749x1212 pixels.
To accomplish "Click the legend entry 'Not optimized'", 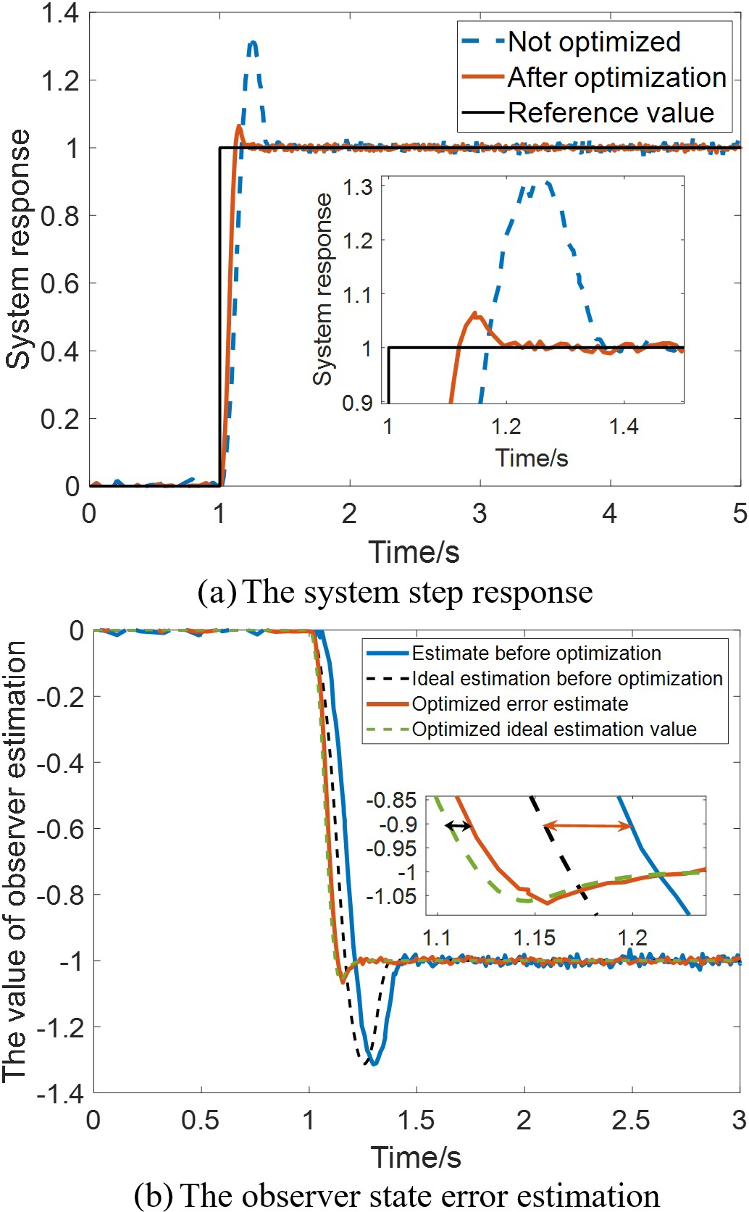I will click(x=593, y=42).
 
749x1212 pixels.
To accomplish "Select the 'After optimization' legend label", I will click(x=616, y=78).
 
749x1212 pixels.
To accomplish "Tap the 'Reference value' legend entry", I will click(x=611, y=113).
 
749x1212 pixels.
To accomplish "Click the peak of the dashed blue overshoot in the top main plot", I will click(x=252, y=43).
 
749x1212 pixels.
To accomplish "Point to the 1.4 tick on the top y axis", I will click(x=60, y=13).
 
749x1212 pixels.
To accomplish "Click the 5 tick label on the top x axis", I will click(x=739, y=513).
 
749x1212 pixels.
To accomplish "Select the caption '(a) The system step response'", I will click(x=395, y=592).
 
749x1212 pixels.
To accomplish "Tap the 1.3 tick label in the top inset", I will click(x=357, y=188).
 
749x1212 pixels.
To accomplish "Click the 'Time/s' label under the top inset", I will click(x=531, y=458).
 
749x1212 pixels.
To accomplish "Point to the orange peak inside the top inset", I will click(x=475, y=314).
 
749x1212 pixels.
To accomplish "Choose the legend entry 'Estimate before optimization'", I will click(x=536, y=653).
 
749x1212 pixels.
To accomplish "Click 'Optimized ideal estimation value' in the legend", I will click(x=554, y=730).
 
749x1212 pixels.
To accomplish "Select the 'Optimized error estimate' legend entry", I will click(x=519, y=704).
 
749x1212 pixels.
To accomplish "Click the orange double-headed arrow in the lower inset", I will click(x=587, y=825).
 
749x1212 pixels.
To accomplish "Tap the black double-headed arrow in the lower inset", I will click(x=458, y=825).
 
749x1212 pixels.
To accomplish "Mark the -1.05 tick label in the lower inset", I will click(x=392, y=896).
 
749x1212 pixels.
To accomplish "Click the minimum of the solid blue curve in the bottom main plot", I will click(x=374, y=1063).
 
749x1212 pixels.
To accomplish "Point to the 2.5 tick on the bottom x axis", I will click(x=631, y=1120).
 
